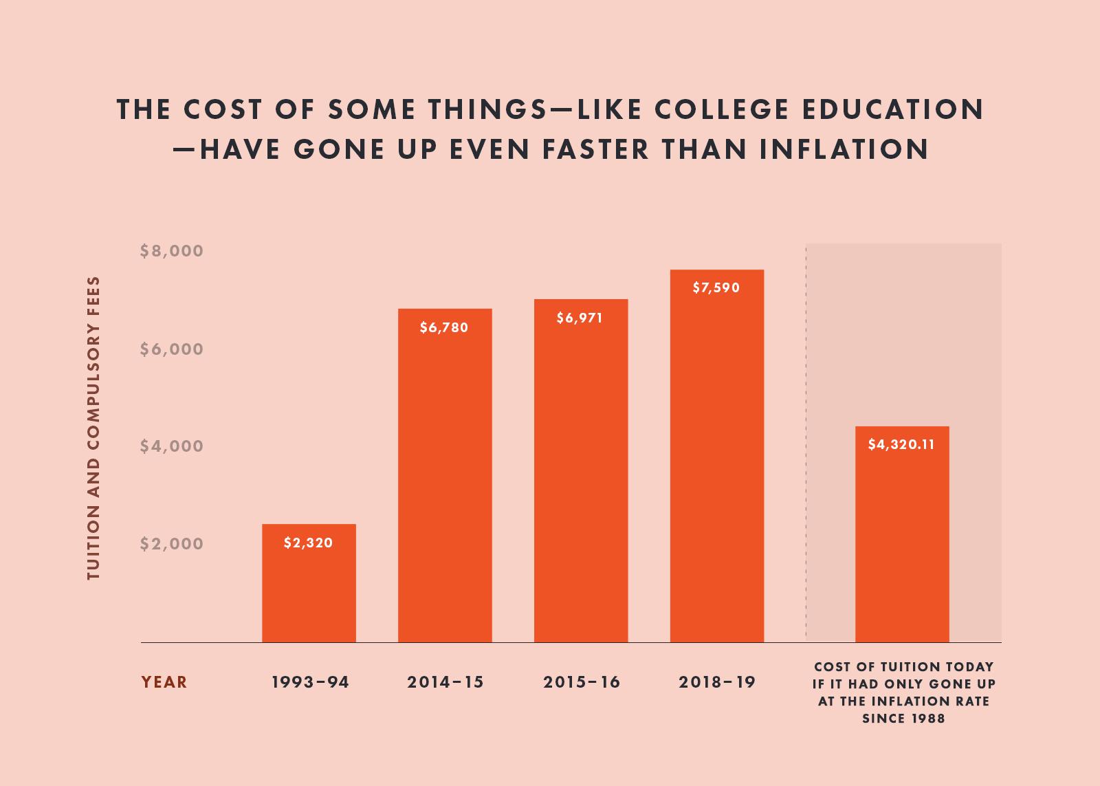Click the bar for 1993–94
click(309, 591)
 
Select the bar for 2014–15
click(445, 481)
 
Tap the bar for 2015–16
click(581, 481)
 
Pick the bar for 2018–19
click(716, 468)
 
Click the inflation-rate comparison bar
click(902, 543)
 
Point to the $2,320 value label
click(309, 543)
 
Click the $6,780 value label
click(444, 327)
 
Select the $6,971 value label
click(580, 318)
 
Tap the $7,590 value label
click(716, 287)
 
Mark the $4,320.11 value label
click(901, 444)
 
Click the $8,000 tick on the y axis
click(172, 251)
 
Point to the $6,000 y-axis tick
click(172, 349)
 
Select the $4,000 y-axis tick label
click(172, 446)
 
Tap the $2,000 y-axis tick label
click(172, 544)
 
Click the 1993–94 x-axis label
click(311, 682)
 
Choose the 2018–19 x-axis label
click(717, 682)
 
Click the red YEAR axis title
click(164, 682)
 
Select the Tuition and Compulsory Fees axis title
click(94, 428)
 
